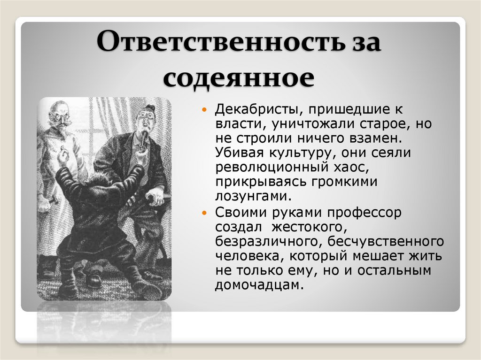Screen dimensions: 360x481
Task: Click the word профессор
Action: click(365, 213)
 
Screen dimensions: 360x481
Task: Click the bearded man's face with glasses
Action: click(58, 115)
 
